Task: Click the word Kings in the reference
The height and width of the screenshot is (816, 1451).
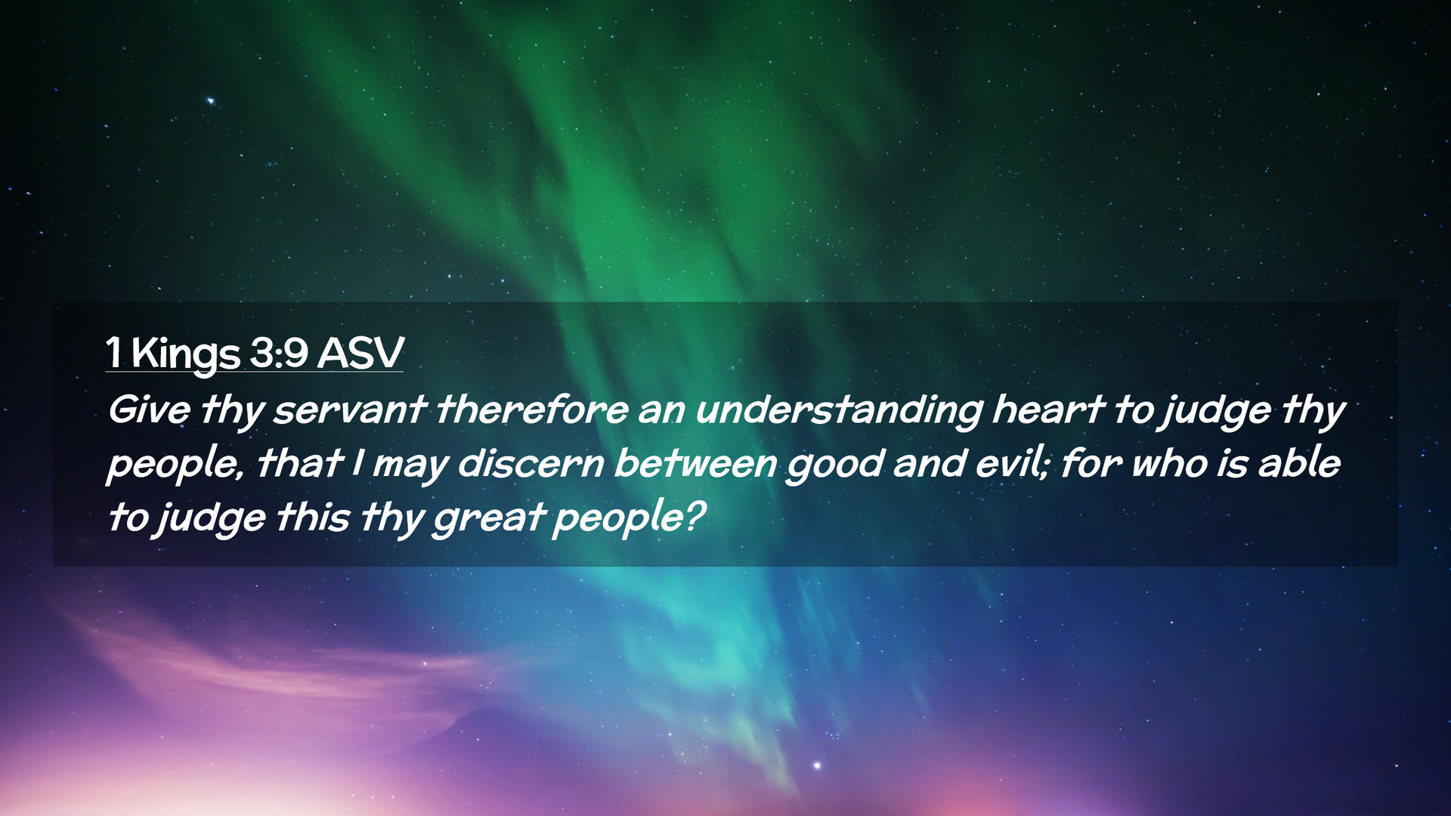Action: (x=185, y=355)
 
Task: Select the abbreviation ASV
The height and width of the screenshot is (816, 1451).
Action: (x=360, y=353)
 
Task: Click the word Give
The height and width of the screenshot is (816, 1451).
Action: (x=149, y=410)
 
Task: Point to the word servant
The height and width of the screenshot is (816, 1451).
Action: (x=349, y=410)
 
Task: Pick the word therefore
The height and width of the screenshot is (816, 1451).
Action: (x=531, y=410)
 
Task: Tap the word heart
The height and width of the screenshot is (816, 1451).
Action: (x=1049, y=410)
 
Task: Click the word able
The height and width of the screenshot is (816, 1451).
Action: (x=1299, y=463)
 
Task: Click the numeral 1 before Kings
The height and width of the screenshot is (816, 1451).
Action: (x=114, y=353)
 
